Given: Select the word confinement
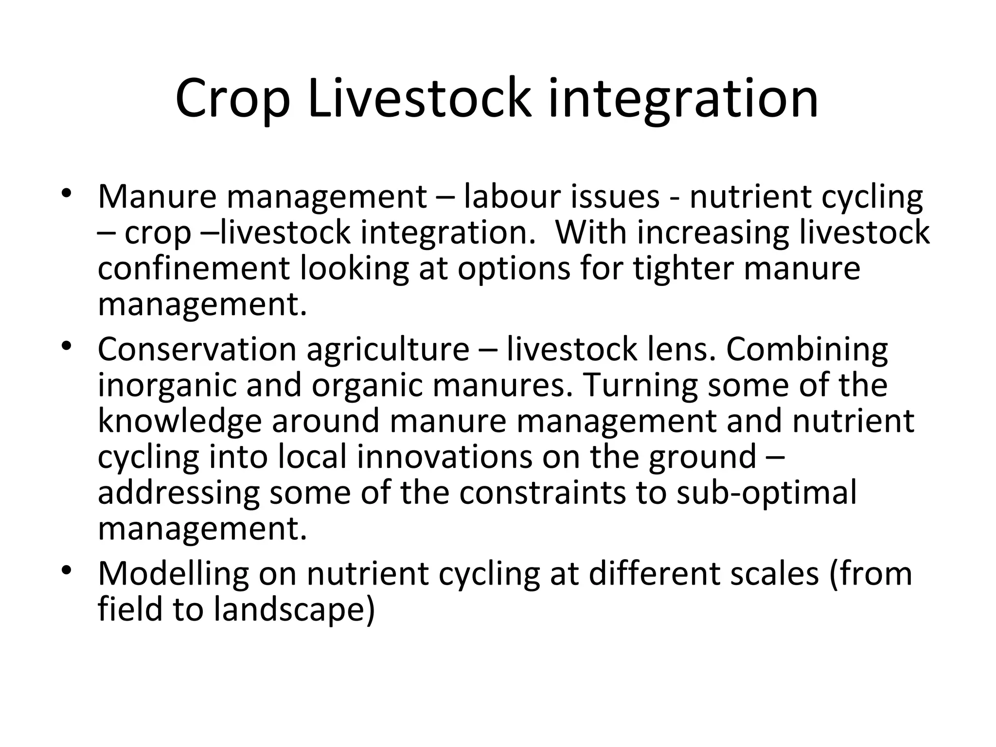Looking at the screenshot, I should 194,268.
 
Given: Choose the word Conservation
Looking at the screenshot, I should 197,349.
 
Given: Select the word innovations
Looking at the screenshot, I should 445,457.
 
